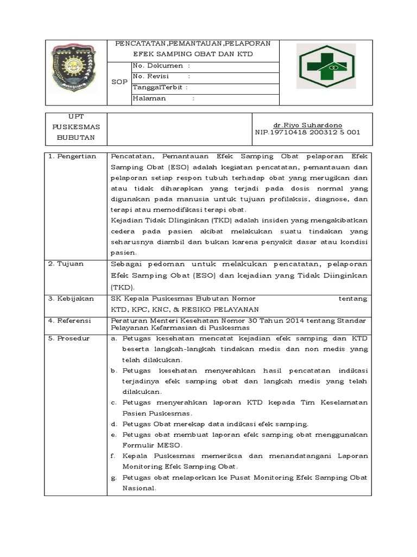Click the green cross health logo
(326, 66)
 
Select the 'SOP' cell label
(119, 82)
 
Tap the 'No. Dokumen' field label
(158, 66)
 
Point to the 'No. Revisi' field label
(155, 77)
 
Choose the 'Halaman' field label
(150, 98)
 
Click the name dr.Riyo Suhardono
(307, 125)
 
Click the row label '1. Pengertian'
(72, 157)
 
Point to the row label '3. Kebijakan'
(71, 299)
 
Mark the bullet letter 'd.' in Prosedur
(115, 424)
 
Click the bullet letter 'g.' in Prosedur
(115, 478)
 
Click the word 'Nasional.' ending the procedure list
(140, 488)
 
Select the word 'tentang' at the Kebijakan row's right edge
(353, 299)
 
